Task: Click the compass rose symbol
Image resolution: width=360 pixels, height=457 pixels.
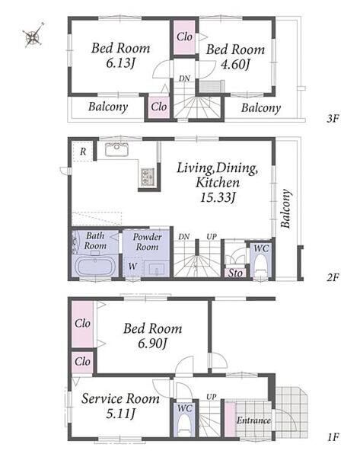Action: pyautogui.click(x=33, y=35)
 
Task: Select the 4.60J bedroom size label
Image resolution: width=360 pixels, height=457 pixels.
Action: pyautogui.click(x=236, y=65)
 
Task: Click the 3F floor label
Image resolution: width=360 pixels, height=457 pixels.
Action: pyautogui.click(x=333, y=119)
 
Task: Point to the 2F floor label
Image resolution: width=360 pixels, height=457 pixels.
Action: pyautogui.click(x=333, y=277)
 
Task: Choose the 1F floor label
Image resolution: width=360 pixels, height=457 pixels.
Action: pyautogui.click(x=333, y=437)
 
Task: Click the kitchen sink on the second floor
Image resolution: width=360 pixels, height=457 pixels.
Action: pyautogui.click(x=116, y=149)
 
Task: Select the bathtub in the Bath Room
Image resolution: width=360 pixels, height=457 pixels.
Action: pyautogui.click(x=95, y=266)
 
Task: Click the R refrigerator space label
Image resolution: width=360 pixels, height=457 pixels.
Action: pyautogui.click(x=83, y=152)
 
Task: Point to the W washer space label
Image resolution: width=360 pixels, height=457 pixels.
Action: pyautogui.click(x=132, y=266)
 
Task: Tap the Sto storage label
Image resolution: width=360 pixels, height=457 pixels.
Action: pyautogui.click(x=235, y=273)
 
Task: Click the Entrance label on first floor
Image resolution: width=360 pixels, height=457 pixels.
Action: pyautogui.click(x=253, y=420)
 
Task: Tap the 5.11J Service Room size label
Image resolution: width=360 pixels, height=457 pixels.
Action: pyautogui.click(x=120, y=414)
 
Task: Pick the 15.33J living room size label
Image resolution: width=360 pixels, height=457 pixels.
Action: pyautogui.click(x=218, y=197)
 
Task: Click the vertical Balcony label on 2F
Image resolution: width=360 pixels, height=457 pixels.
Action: pyautogui.click(x=285, y=209)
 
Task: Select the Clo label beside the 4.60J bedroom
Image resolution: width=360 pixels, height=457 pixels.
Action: pyautogui.click(x=184, y=37)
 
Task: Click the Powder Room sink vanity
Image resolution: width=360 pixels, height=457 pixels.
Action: pyautogui.click(x=157, y=268)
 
